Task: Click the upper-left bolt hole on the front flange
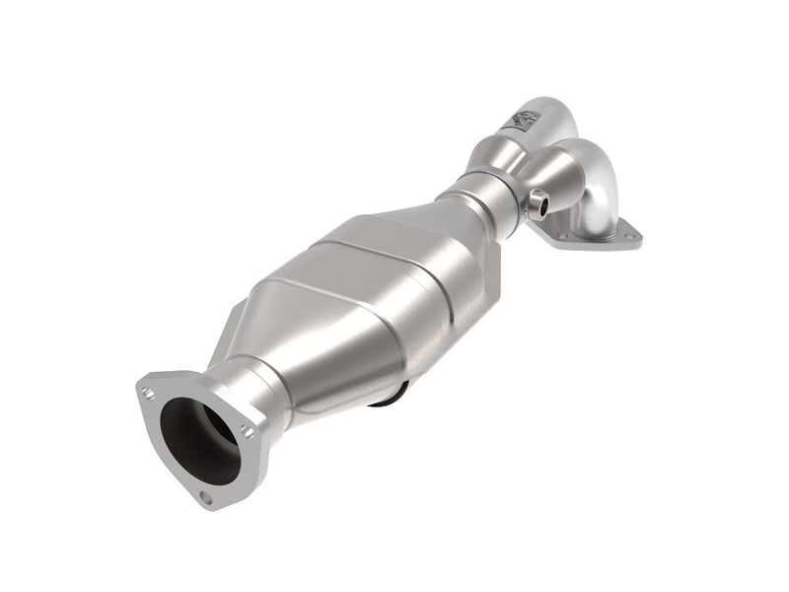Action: pos(148,393)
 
